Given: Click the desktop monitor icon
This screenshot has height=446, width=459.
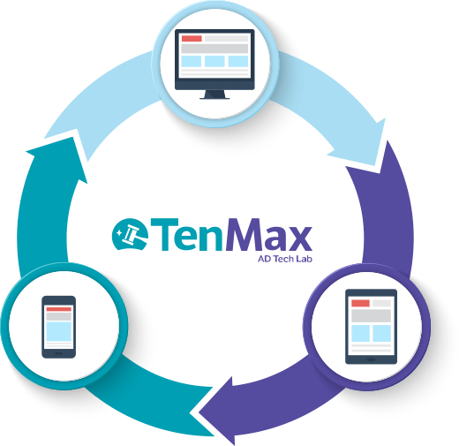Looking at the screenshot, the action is pos(214,64).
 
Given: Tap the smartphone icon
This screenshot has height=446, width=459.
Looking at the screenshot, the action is pos(59,327).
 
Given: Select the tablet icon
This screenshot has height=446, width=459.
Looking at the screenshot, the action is pos(371,327).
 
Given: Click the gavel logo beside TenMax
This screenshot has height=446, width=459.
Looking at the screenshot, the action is pos(130,234).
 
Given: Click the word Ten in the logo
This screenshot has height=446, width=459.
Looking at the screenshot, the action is pos(186,235).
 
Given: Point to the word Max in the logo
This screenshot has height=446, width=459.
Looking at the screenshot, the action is pos(269,235).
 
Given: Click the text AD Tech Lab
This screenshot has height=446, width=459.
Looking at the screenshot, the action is pos(285,259).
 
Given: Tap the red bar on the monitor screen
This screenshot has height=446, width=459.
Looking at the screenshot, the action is pos(192,39).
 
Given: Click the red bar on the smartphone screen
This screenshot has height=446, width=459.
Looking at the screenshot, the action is pos(59,309).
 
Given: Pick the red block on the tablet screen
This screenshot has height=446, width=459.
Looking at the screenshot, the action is pos(360,303).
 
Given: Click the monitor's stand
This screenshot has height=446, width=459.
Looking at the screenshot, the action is pos(214,94).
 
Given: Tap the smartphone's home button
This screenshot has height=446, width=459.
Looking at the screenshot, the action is pos(59,353).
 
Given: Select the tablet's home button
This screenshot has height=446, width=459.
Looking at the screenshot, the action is pos(371,359).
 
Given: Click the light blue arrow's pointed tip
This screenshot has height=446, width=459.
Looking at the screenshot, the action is pos(376,165).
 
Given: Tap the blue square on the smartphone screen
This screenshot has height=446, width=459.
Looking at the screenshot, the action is pos(59,331).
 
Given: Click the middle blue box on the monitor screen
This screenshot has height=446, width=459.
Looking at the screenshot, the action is pos(214,61).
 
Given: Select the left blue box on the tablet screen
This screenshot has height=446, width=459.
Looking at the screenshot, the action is pos(360,333).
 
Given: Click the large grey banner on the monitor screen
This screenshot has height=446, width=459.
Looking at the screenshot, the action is pos(214,49).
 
